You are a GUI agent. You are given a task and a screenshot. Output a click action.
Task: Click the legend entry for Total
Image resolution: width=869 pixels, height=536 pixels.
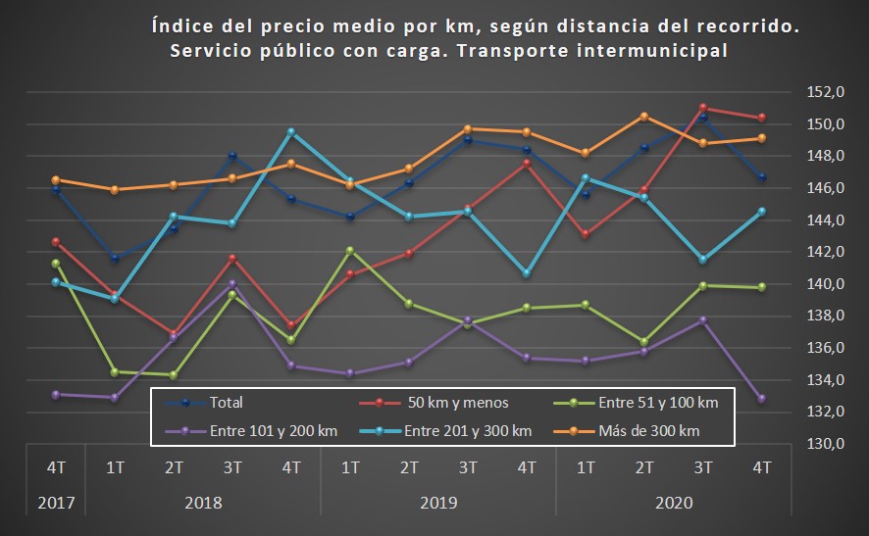(226, 402)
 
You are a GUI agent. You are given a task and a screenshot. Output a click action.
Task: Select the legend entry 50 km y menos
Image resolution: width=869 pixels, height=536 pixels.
(456, 402)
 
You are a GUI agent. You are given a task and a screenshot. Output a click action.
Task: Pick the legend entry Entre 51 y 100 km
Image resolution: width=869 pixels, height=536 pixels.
(660, 402)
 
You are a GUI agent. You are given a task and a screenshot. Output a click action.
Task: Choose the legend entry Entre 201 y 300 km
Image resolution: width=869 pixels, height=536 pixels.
(469, 430)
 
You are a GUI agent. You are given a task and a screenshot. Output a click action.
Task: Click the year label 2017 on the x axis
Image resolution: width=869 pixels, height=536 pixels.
(56, 503)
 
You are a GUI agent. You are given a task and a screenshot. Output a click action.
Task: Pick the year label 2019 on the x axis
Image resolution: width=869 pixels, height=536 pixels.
(437, 503)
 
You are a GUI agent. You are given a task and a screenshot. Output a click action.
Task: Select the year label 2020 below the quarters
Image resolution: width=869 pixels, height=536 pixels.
(673, 503)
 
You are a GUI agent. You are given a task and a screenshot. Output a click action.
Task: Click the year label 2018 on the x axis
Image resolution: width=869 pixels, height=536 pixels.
(203, 503)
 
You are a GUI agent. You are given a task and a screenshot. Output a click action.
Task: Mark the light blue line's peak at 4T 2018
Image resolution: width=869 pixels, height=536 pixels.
(291, 131)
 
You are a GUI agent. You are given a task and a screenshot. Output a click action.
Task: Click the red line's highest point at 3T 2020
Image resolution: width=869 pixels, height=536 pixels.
(703, 108)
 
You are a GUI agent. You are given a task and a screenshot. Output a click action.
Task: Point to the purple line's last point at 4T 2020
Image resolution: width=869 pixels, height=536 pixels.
(762, 399)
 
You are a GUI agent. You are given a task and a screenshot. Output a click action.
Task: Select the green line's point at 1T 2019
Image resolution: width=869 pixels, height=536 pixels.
(350, 250)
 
